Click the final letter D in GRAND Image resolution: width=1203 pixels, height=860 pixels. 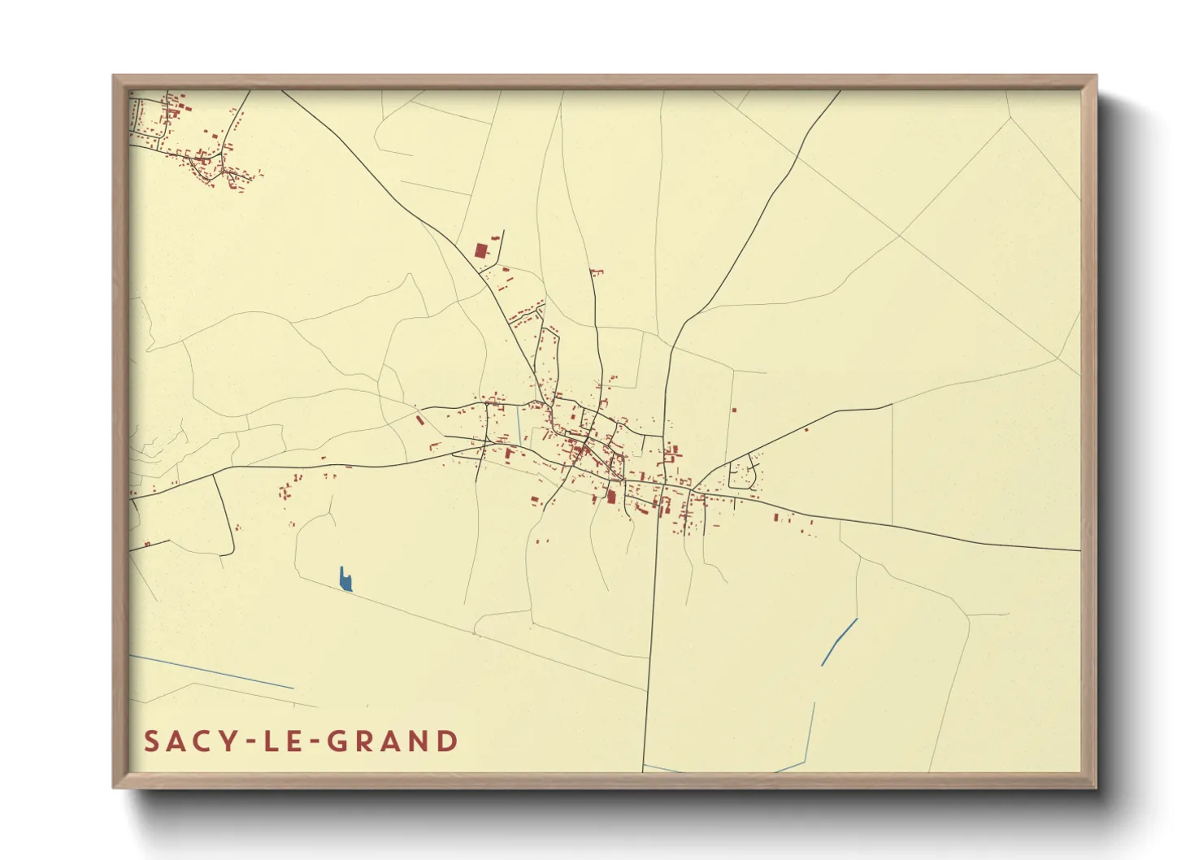[448, 741]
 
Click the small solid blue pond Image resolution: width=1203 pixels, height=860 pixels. [346, 580]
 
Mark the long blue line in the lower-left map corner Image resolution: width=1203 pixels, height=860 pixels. [211, 672]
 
